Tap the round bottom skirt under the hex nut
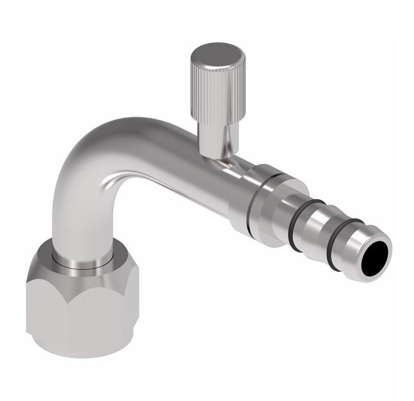(x=82, y=344)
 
